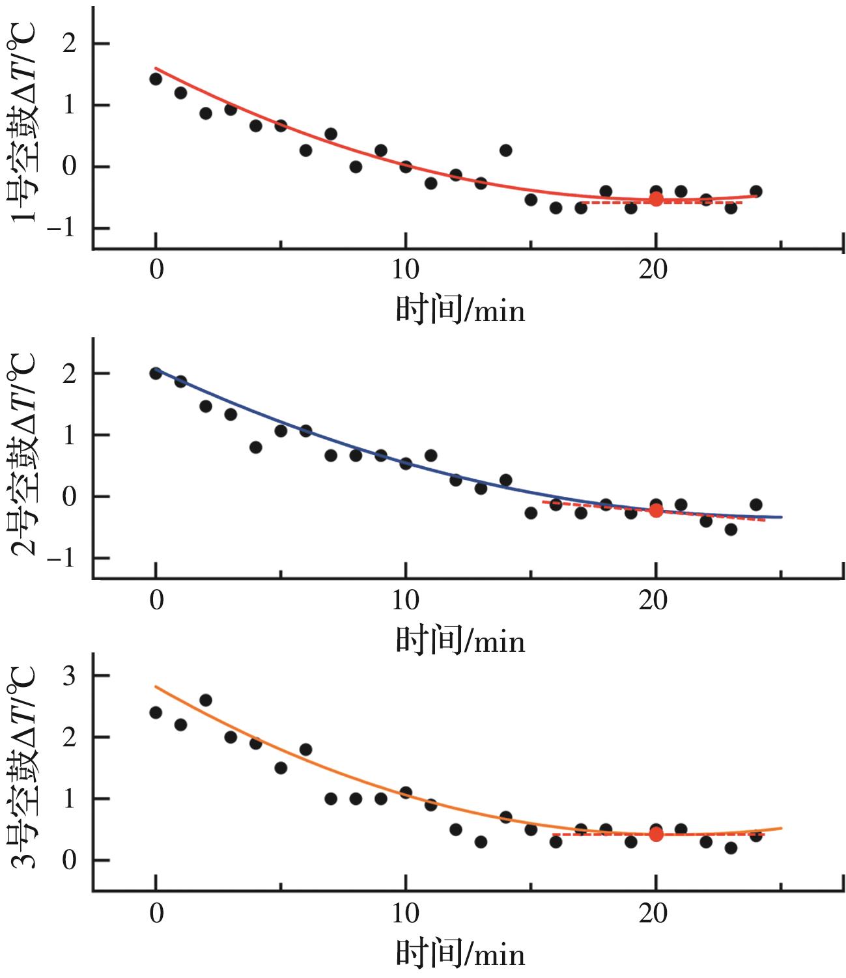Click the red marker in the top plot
[656, 199]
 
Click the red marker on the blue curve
[656, 510]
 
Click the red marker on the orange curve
[656, 834]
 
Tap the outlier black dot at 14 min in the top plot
[506, 150]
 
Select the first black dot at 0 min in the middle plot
[156, 373]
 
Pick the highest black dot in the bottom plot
[206, 701]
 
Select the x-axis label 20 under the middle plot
[653, 600]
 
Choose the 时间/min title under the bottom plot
[460, 954]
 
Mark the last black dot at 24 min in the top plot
[756, 191]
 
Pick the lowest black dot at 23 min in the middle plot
[731, 529]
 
